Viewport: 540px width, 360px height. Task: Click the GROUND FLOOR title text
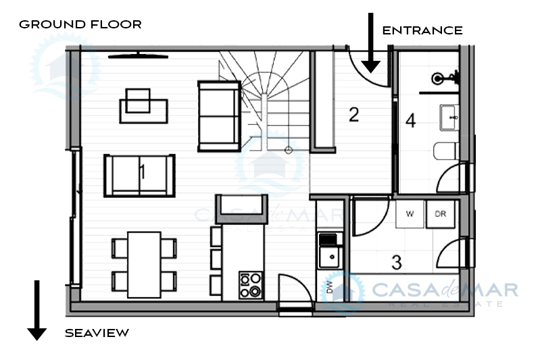point(80,24)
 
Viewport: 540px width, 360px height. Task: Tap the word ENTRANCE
point(422,30)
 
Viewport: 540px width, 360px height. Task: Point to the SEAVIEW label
point(97,333)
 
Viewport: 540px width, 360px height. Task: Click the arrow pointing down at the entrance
point(370,43)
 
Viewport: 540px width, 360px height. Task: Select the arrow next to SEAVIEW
point(37,310)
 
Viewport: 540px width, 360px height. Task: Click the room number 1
point(142,172)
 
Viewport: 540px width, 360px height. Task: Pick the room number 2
point(353,115)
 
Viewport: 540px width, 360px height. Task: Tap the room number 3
point(397,262)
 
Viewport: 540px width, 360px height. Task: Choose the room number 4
point(410,121)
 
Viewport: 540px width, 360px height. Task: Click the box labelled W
point(410,214)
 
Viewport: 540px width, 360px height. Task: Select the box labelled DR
point(441,214)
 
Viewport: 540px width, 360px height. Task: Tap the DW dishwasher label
point(330,287)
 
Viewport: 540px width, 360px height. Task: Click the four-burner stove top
point(250,285)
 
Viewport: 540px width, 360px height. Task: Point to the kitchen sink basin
point(330,257)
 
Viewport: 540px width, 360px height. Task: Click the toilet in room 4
point(446,151)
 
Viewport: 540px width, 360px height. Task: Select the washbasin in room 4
point(449,118)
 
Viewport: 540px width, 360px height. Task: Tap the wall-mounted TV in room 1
point(138,55)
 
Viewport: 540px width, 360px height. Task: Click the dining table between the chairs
point(144,265)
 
